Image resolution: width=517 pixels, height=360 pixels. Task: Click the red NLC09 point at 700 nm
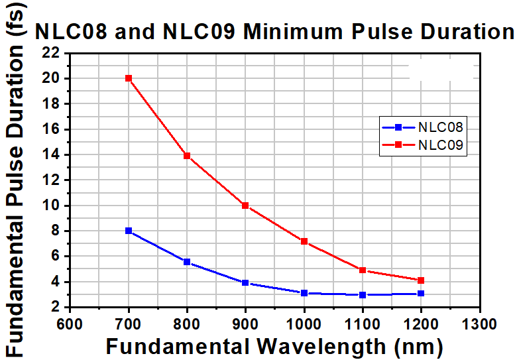(x=129, y=78)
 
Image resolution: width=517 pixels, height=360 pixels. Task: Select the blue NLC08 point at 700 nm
(x=129, y=231)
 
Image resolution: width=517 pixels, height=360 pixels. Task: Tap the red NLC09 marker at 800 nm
(x=187, y=156)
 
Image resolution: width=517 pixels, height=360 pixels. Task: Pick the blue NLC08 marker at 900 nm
(x=245, y=283)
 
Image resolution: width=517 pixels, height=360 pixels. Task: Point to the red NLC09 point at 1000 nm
(x=304, y=241)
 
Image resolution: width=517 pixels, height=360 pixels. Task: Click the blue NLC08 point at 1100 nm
(x=363, y=294)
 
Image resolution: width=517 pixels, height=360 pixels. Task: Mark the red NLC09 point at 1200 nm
(x=421, y=280)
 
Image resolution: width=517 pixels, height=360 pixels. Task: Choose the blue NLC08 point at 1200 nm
(x=421, y=293)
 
